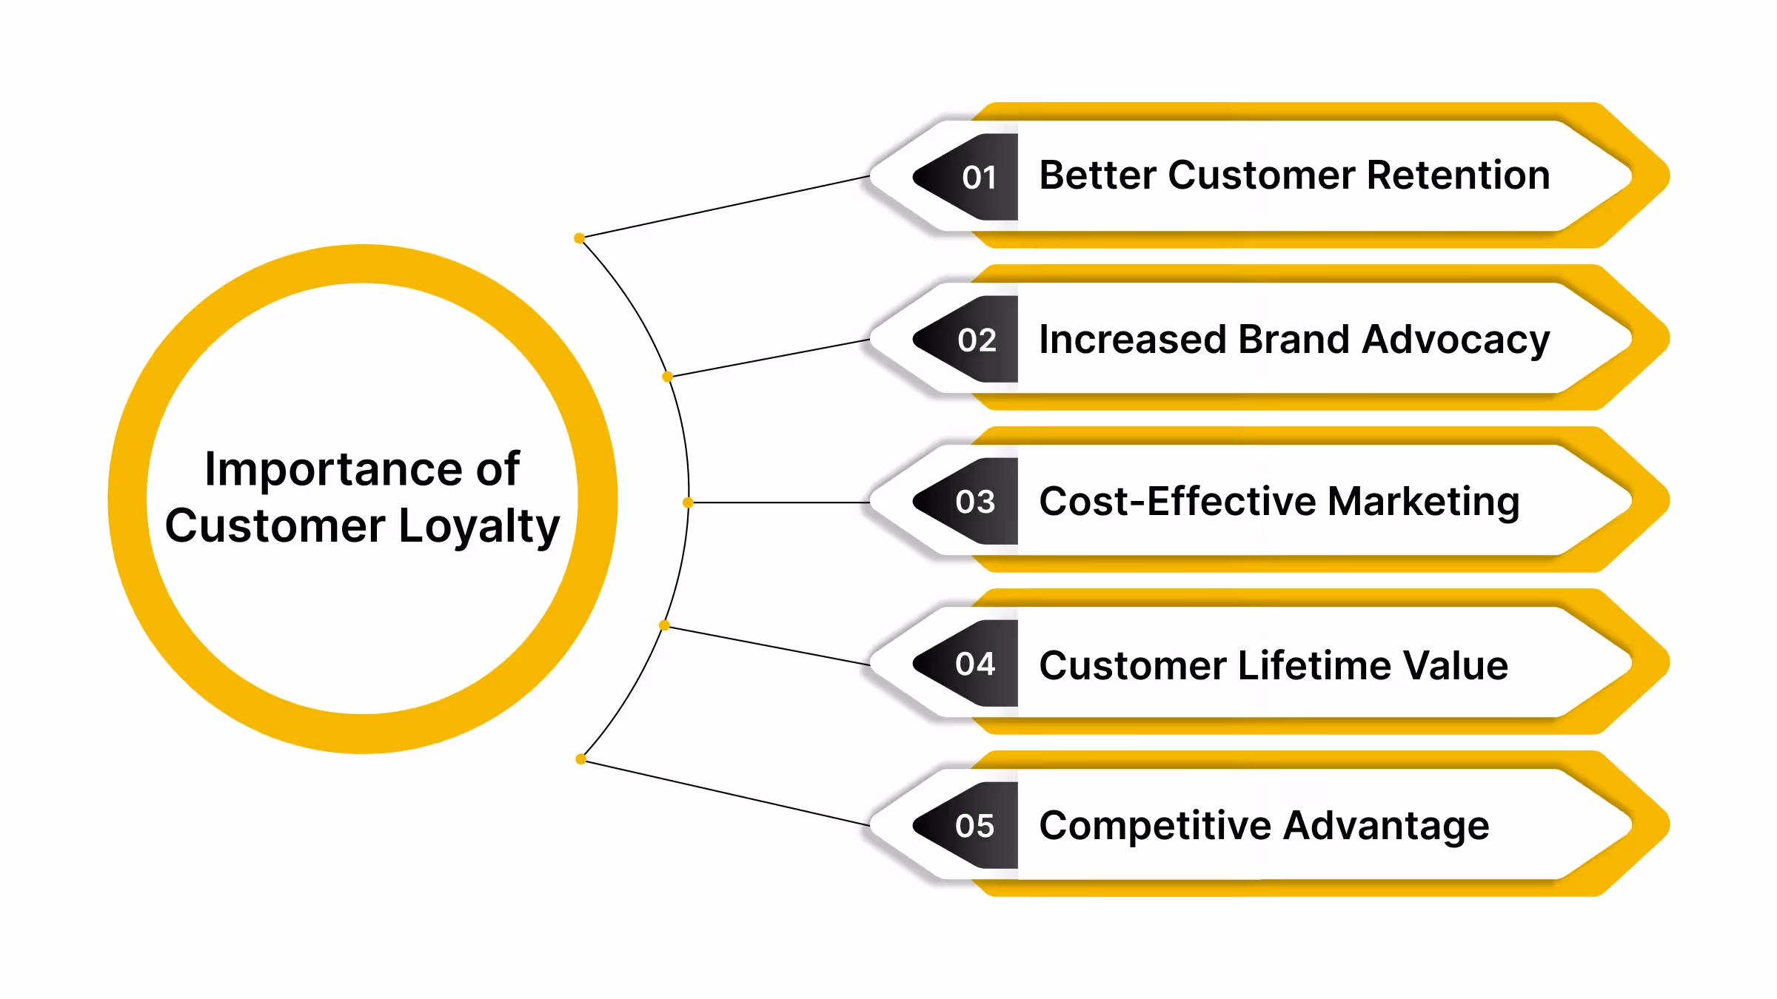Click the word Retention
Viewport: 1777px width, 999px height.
coord(1458,175)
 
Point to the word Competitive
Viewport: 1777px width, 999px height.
coord(1155,826)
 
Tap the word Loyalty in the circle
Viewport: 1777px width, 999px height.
coord(479,526)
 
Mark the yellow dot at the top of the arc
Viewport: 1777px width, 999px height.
coord(579,238)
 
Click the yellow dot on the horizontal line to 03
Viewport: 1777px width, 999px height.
coord(688,502)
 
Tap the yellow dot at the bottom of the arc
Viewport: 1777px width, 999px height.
coord(580,759)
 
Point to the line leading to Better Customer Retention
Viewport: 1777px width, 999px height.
coord(726,206)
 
